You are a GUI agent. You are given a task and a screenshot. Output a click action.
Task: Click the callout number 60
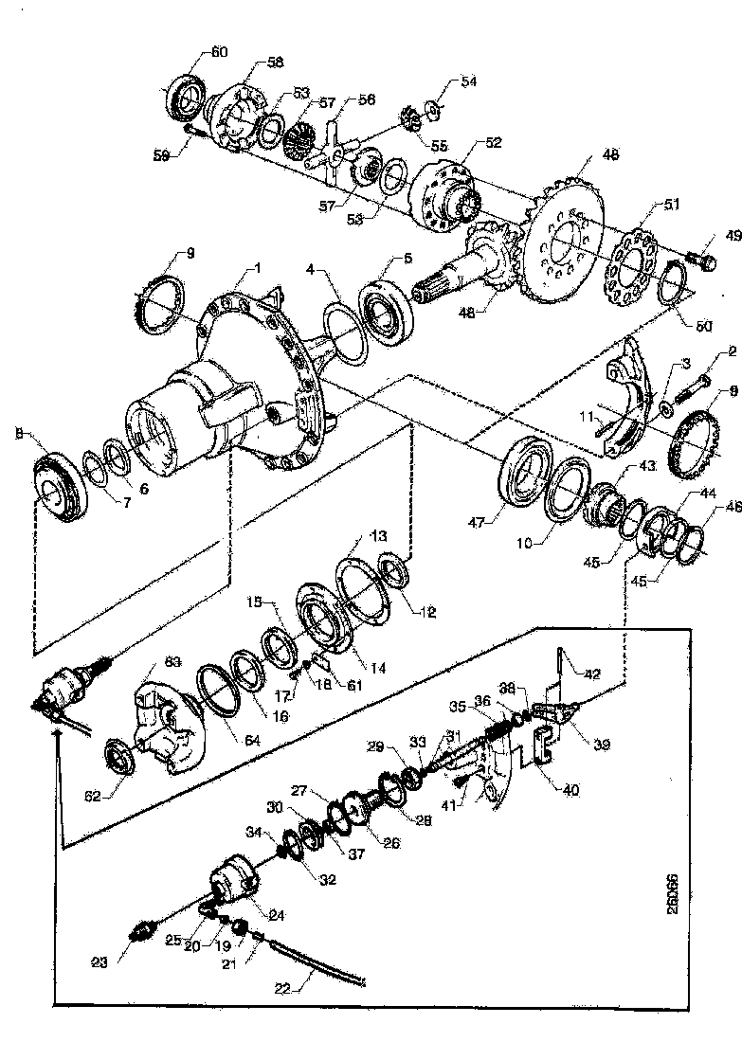(218, 51)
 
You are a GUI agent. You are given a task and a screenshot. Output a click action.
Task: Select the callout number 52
(493, 143)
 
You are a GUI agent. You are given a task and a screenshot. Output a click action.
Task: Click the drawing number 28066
(699, 895)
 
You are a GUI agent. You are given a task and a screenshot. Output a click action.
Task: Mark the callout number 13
(352, 537)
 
